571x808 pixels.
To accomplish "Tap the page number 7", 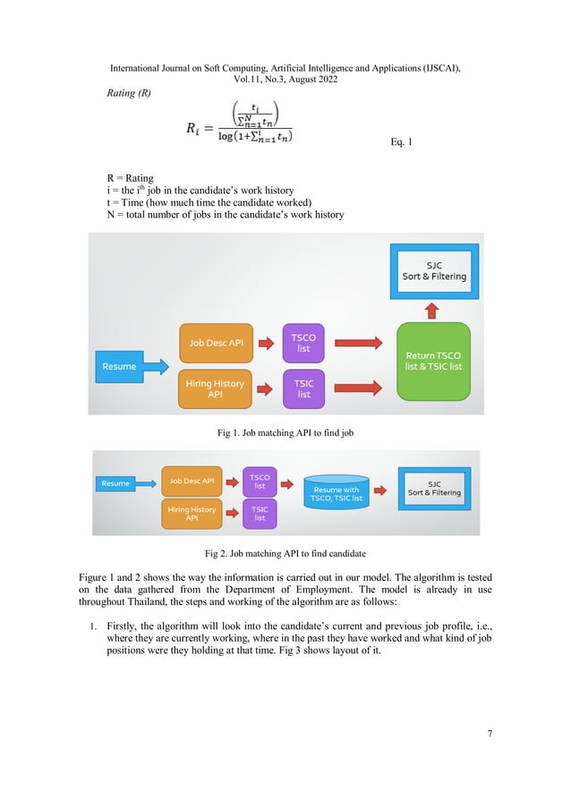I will (x=490, y=734).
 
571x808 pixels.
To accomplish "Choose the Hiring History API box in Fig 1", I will (x=215, y=388).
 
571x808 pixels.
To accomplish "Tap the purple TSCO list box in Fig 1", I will (x=303, y=343).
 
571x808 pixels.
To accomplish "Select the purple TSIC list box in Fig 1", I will (x=303, y=387).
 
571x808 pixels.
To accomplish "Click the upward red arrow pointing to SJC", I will (x=432, y=310).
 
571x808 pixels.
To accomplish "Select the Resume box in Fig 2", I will (x=115, y=483).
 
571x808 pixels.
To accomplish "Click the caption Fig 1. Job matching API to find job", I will (x=286, y=433).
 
